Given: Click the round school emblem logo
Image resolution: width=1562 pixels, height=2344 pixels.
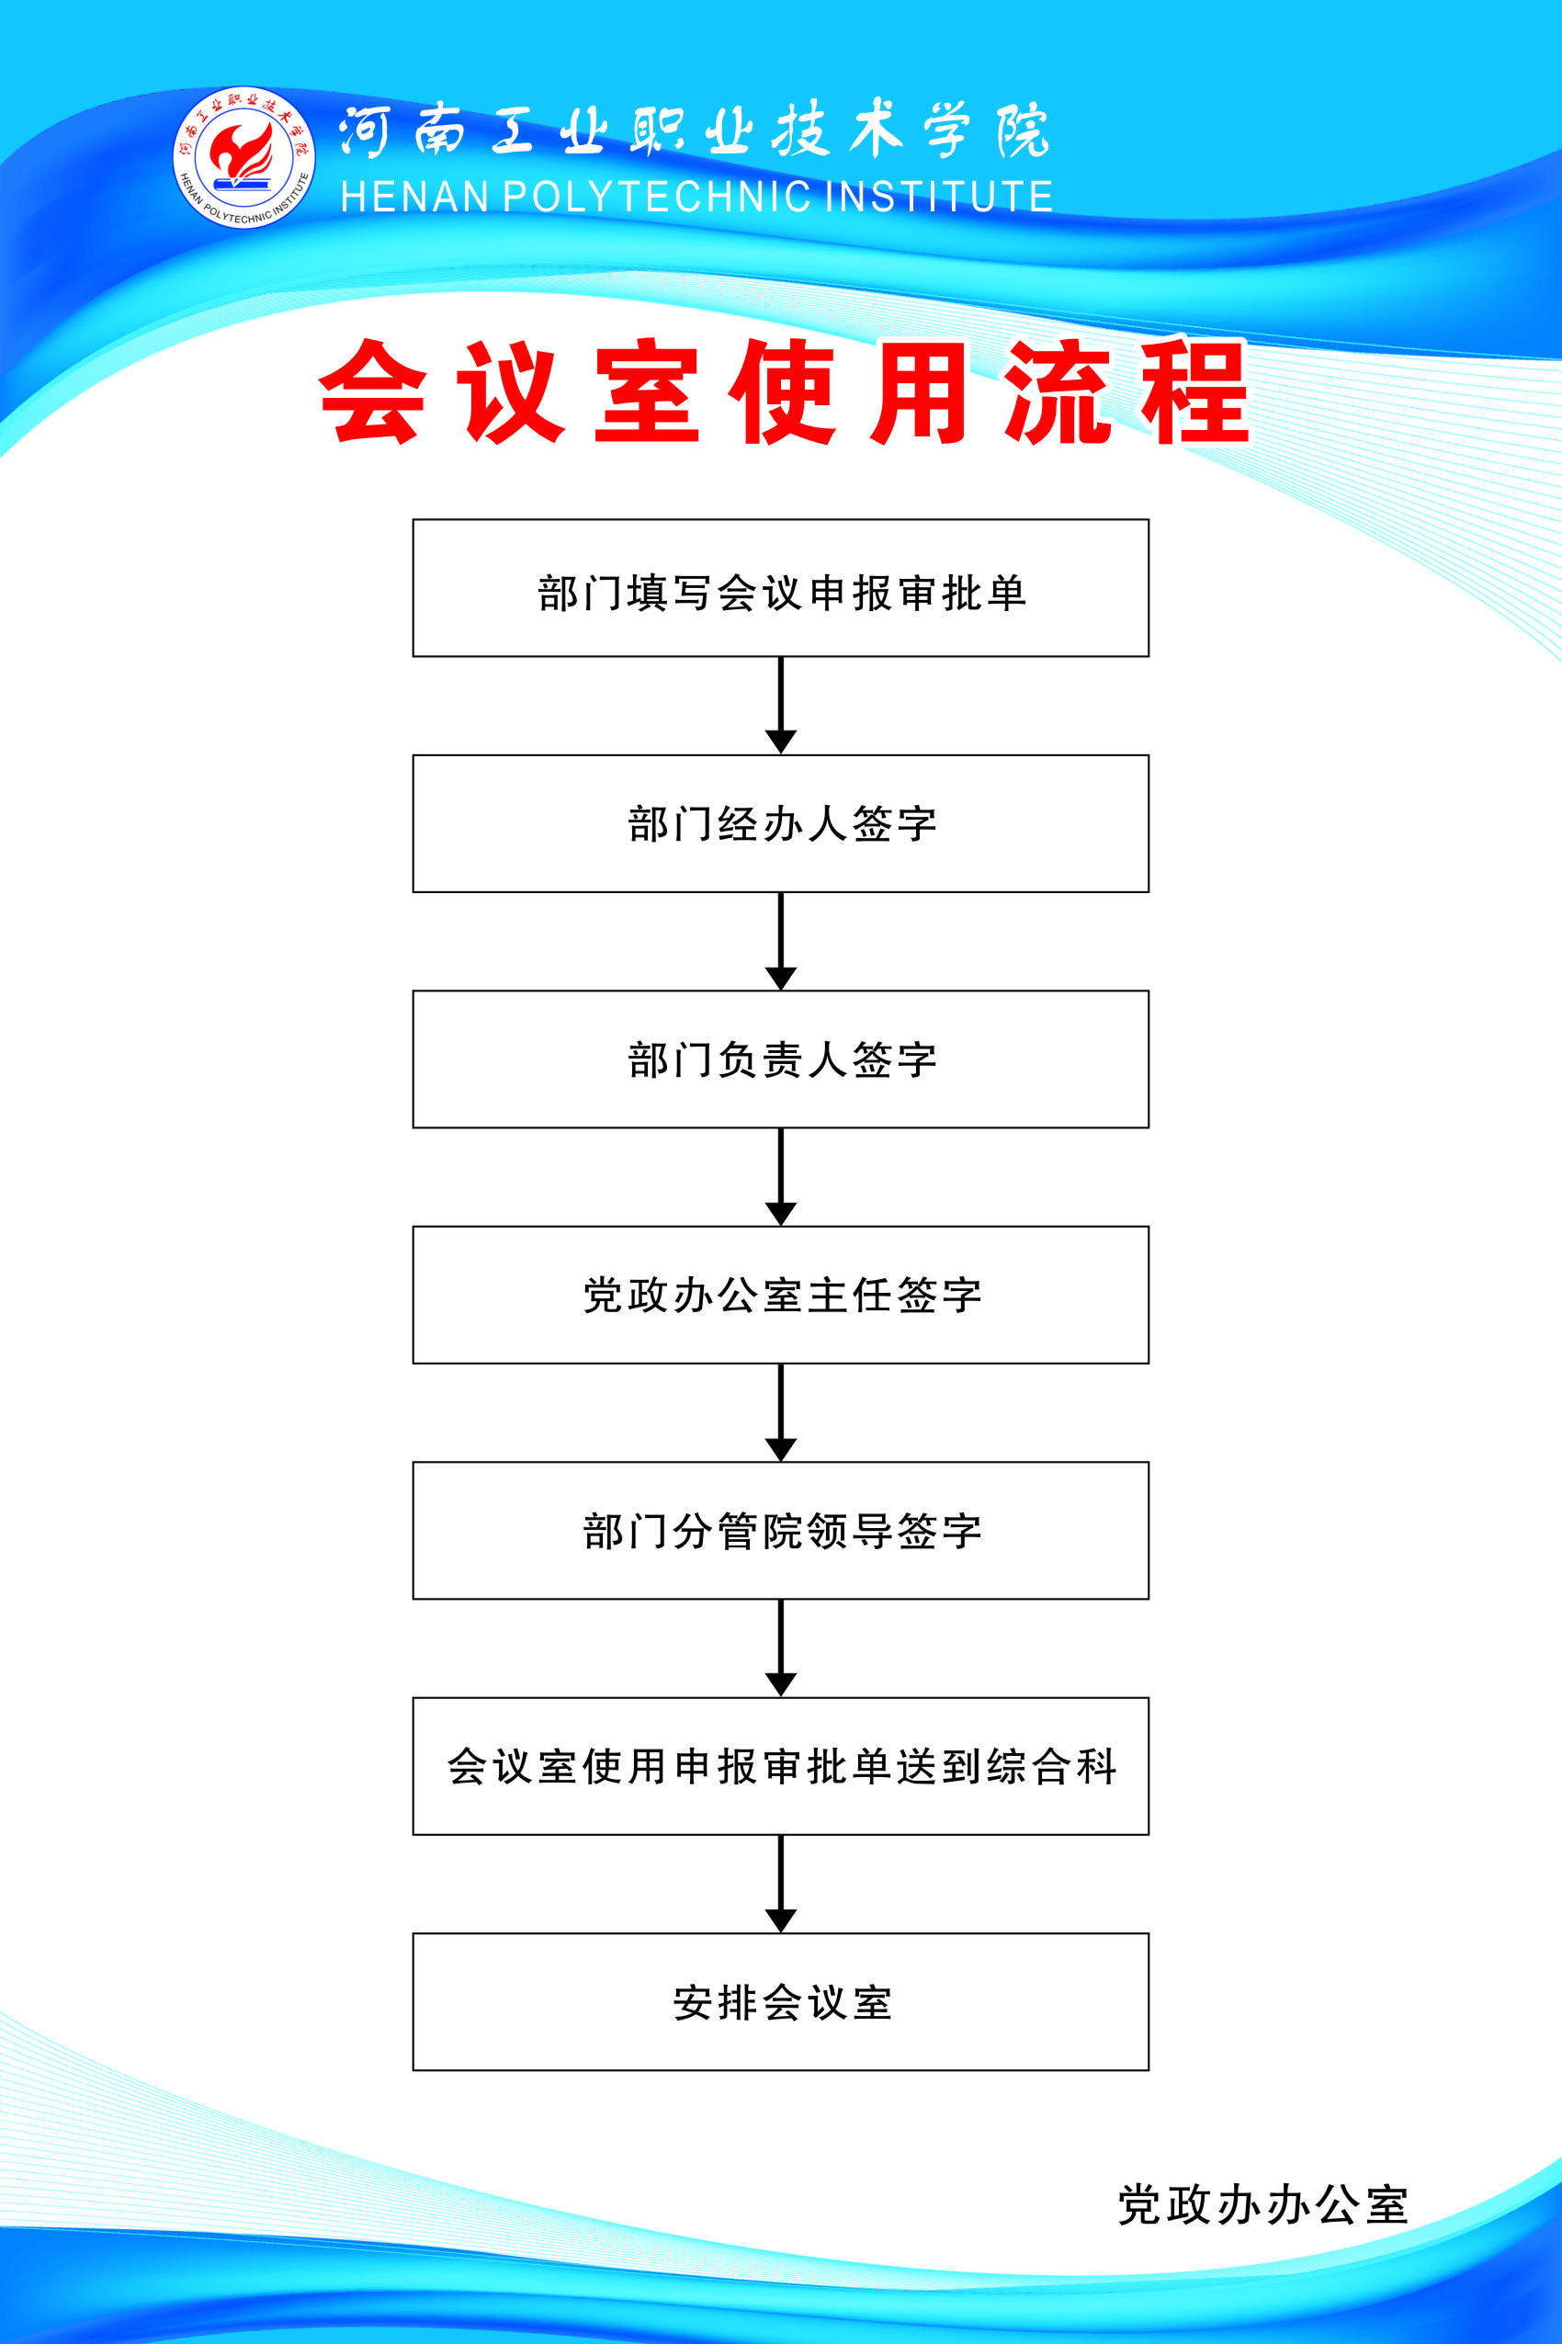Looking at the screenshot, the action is click(x=244, y=157).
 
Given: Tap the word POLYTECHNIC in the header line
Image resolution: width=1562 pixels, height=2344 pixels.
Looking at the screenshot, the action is click(x=656, y=198).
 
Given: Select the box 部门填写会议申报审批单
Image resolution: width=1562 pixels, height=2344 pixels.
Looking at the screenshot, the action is click(x=781, y=588).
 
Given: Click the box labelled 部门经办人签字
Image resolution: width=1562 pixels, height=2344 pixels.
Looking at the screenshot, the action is click(x=781, y=824).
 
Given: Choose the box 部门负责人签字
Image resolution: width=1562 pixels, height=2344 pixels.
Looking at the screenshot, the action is click(x=781, y=1059).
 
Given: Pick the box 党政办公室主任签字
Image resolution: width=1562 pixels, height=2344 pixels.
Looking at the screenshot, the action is click(x=781, y=1295).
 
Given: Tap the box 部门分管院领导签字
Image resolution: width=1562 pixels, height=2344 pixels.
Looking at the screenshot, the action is click(x=781, y=1530).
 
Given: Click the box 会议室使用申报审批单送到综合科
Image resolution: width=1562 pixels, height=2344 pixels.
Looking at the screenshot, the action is click(x=781, y=1766).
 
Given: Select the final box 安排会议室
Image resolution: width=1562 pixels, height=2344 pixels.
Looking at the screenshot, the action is click(x=781, y=2001).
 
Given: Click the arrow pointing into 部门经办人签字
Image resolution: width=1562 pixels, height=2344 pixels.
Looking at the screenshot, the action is click(x=781, y=706).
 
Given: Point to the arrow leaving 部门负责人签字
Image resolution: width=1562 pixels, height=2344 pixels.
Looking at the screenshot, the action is click(x=781, y=1176).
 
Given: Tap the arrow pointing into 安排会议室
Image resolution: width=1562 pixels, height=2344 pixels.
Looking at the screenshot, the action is click(x=781, y=1884).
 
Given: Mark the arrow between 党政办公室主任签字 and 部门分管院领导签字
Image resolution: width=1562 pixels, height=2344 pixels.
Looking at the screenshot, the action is click(x=781, y=1412).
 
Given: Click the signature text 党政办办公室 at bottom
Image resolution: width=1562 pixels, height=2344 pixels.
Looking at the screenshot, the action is click(x=1262, y=2204).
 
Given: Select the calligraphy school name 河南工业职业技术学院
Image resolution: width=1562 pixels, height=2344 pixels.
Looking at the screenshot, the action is click(x=695, y=130).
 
